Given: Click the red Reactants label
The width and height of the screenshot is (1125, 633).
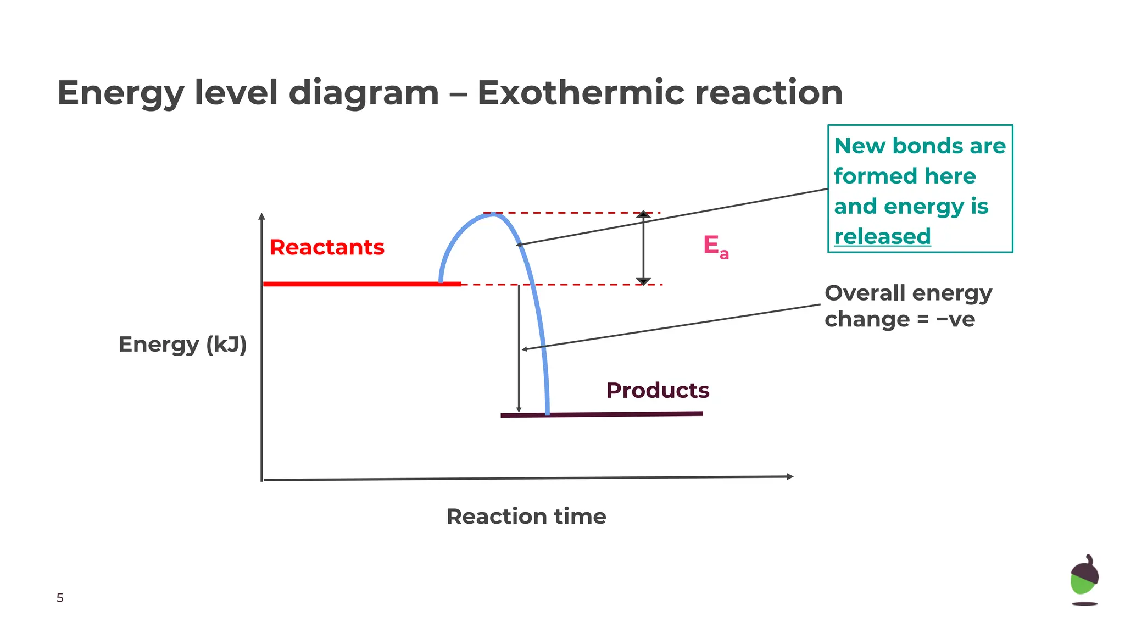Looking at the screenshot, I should click(x=327, y=247).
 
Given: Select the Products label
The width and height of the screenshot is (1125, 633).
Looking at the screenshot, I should click(x=658, y=390).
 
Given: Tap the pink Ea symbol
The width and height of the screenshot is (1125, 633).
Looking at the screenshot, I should click(x=715, y=246).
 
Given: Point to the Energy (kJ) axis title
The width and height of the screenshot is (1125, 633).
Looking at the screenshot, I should click(x=182, y=345).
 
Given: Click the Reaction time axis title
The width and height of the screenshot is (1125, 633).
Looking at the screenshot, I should click(x=526, y=517).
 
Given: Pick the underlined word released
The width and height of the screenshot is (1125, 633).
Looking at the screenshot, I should click(x=882, y=237).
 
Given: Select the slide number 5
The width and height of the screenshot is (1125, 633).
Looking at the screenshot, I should click(x=60, y=598).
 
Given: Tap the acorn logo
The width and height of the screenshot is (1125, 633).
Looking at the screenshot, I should click(x=1084, y=580).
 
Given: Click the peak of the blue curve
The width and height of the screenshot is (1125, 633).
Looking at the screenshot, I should click(x=493, y=214).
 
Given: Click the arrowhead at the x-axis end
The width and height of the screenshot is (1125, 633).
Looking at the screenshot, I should click(x=790, y=476).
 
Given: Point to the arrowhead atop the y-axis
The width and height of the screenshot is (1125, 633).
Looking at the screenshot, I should click(x=262, y=216).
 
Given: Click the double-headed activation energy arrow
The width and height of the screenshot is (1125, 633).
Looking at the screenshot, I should click(x=643, y=247).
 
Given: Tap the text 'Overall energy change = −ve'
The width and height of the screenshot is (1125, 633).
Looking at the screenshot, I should click(x=908, y=306).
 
